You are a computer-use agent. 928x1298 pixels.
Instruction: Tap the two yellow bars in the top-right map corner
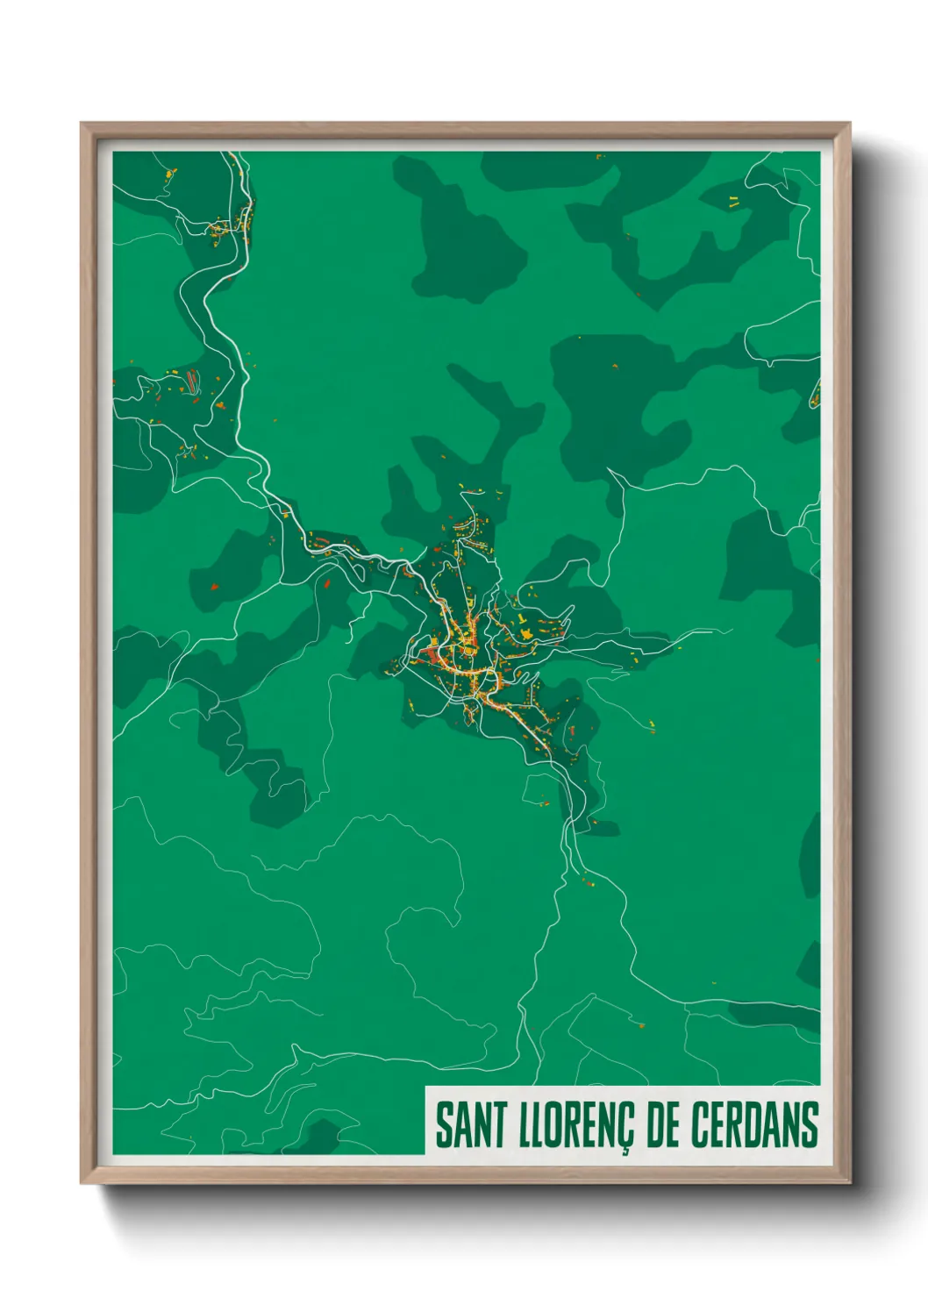click(x=734, y=203)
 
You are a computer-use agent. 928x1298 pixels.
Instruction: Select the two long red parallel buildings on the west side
click(x=191, y=381)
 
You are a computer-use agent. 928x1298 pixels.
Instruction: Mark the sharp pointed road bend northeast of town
click(x=611, y=474)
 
